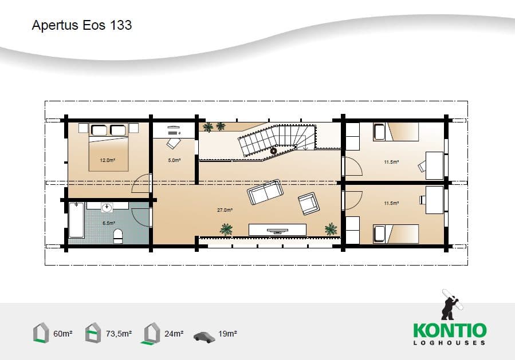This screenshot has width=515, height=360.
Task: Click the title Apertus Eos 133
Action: pyautogui.click(x=82, y=25)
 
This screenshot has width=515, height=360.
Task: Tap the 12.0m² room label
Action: pyautogui.click(x=107, y=160)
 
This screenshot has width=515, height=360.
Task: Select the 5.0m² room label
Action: pyautogui.click(x=174, y=160)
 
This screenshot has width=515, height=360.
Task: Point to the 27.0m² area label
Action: pyautogui.click(x=225, y=209)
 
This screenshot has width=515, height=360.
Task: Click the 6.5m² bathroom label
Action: pyautogui.click(x=109, y=223)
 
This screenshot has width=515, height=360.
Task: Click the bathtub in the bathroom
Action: pyautogui.click(x=77, y=220)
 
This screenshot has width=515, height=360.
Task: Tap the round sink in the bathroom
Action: pyautogui.click(x=107, y=207)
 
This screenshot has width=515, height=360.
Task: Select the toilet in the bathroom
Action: pyautogui.click(x=118, y=236)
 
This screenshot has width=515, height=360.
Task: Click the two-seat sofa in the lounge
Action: pyautogui.click(x=265, y=192)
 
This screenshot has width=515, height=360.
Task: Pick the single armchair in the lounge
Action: pyautogui.click(x=308, y=203)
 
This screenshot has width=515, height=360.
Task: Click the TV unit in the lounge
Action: pyautogui.click(x=277, y=230)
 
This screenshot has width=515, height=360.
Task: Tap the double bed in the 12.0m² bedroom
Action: pyautogui.click(x=108, y=147)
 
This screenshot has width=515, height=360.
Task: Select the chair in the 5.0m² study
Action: pyautogui.click(x=174, y=143)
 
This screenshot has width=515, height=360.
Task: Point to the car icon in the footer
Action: pyautogui.click(x=204, y=337)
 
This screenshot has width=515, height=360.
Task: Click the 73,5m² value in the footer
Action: pyautogui.click(x=119, y=334)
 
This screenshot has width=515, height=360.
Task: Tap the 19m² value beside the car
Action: pyautogui.click(x=227, y=334)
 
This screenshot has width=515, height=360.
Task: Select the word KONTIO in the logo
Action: pyautogui.click(x=450, y=330)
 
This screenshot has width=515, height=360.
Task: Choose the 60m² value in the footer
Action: pyautogui.click(x=63, y=334)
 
